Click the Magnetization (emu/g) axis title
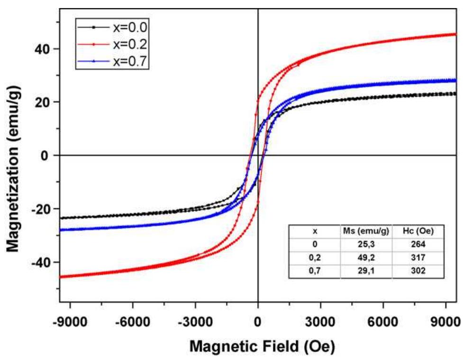tap(16, 168)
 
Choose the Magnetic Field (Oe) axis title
tap(263, 347)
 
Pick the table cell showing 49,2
tap(366, 257)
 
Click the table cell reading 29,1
tap(366, 270)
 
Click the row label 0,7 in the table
tap(315, 270)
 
